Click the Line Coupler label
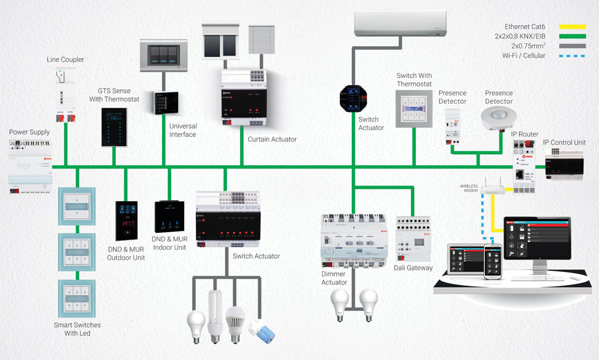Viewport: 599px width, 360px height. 65,59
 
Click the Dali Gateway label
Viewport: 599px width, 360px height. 412,268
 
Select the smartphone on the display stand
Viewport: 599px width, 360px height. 493,260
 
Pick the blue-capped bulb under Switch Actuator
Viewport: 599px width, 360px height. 266,332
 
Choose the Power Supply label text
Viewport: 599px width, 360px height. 29,132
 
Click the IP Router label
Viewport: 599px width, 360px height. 525,134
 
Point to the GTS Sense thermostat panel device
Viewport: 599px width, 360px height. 114,124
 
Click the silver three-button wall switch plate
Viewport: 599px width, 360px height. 164,55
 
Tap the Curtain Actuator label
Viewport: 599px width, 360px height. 272,139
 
